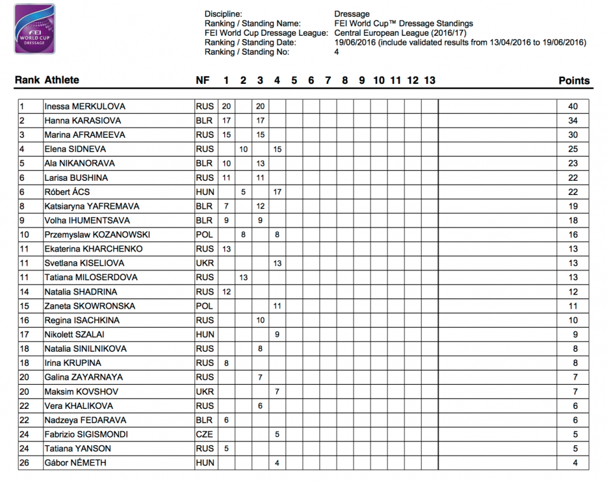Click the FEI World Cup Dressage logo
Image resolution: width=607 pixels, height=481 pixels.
point(34,29)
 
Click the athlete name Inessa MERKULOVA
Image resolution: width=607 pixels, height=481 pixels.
point(84,107)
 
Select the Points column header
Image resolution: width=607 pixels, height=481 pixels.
point(574,81)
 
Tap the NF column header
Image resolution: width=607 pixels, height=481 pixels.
point(203,81)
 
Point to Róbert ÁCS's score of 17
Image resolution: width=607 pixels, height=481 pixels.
point(277,192)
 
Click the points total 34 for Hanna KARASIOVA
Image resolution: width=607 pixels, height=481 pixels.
point(573,121)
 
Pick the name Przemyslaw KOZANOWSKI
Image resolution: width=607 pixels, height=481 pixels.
point(94,235)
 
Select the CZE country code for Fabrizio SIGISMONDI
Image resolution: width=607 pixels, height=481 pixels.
point(204,435)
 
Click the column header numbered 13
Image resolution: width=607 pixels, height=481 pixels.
point(429,81)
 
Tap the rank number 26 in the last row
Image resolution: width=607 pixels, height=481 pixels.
point(25,463)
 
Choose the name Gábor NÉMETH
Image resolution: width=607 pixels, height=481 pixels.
point(75,463)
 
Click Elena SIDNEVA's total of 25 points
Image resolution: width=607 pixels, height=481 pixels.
point(573,149)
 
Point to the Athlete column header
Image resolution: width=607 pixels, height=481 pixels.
point(62,81)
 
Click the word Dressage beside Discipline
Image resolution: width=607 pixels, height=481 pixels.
point(352,14)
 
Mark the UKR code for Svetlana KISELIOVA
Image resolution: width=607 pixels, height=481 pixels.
point(204,263)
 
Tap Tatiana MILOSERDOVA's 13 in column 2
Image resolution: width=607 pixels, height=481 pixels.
point(243,278)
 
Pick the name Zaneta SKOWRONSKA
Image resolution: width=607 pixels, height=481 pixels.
point(86,306)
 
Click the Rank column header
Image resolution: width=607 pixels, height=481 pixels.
point(27,81)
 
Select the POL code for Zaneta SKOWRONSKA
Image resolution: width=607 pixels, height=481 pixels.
point(204,306)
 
